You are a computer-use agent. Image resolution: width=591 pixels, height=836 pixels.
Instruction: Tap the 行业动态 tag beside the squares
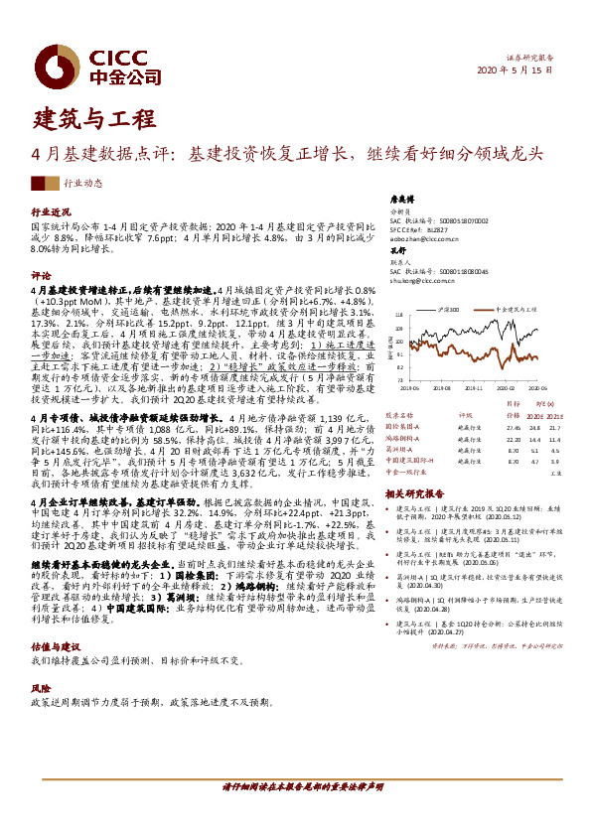point(82,183)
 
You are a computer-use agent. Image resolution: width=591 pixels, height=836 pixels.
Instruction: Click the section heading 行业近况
point(51,212)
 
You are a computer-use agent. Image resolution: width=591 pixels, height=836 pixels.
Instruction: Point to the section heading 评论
point(41,273)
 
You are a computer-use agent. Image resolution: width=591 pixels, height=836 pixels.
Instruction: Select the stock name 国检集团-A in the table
point(403,425)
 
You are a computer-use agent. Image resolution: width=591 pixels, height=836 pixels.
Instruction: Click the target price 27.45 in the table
point(513,425)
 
